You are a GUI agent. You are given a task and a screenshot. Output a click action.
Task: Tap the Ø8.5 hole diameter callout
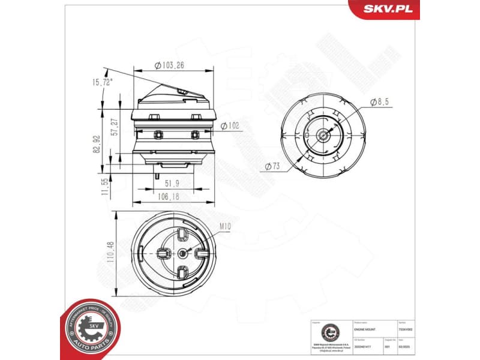379,102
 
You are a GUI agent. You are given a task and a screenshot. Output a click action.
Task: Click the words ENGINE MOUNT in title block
367,329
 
